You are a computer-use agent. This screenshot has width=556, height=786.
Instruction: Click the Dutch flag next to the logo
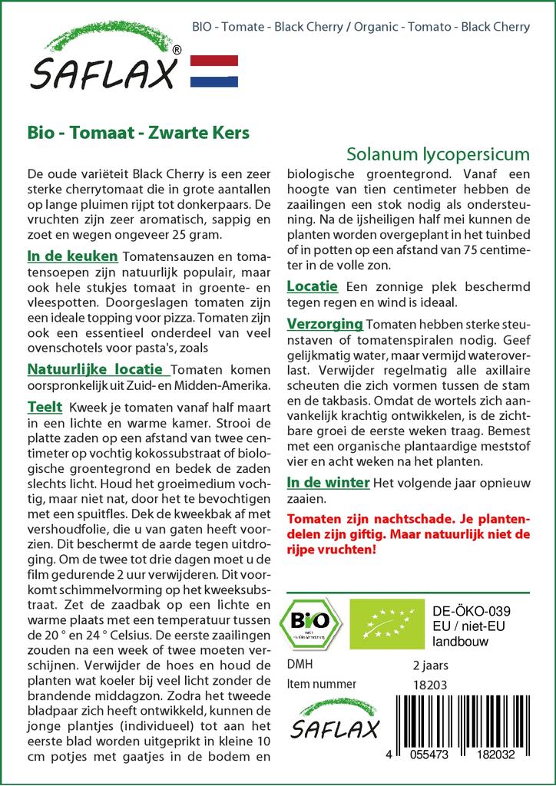point(213,71)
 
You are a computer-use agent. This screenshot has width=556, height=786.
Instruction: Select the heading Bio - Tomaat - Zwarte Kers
point(137,132)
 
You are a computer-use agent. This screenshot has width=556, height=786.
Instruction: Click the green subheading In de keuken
point(72,256)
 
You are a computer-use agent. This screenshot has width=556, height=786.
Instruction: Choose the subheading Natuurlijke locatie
point(94,368)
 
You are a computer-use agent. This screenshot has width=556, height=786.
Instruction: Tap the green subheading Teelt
point(45,407)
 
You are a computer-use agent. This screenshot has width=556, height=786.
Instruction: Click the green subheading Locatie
point(312,286)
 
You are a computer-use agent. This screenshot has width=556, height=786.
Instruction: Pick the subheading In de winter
point(328,483)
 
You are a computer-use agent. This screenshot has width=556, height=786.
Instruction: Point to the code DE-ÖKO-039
point(472,611)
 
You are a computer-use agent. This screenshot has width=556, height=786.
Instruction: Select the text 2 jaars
point(430,665)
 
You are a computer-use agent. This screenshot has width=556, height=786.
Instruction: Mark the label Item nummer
point(321,684)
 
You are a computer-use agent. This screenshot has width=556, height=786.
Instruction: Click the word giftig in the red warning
point(367,533)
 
